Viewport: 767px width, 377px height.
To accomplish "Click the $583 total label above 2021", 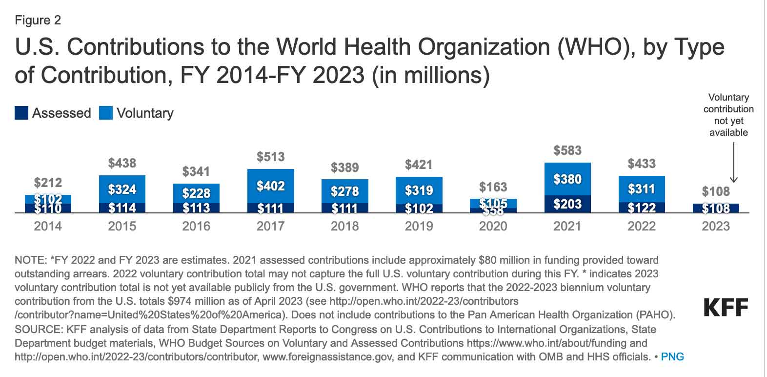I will (x=567, y=150).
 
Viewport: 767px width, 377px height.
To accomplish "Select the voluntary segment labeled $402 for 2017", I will (x=271, y=186).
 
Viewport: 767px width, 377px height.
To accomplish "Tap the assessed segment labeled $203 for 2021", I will (x=567, y=204).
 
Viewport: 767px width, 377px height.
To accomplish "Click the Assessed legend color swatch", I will (x=21, y=113).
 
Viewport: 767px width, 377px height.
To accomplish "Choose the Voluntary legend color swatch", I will (x=106, y=113).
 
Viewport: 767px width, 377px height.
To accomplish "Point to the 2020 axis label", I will (x=493, y=226).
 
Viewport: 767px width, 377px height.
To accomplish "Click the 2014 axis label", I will (x=48, y=226).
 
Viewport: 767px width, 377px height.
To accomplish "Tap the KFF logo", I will (x=726, y=308).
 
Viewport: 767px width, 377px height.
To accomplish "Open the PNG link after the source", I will (x=672, y=356).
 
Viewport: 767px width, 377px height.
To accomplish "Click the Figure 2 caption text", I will (x=38, y=20).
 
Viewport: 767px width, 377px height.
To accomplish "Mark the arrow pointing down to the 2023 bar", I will (x=734, y=161).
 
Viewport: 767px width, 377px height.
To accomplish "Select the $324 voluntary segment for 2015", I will (x=122, y=189).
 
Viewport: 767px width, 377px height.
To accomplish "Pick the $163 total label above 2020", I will (x=493, y=187).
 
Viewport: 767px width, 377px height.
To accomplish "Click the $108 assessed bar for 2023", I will (x=716, y=209).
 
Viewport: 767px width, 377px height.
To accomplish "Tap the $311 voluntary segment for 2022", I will (x=642, y=189).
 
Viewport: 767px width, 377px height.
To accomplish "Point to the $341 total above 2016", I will (x=196, y=171).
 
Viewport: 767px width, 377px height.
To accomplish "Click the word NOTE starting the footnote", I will (x=29, y=260).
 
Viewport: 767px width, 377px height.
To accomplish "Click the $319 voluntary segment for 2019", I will (x=419, y=190).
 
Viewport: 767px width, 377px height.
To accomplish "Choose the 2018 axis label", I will (x=344, y=226).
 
